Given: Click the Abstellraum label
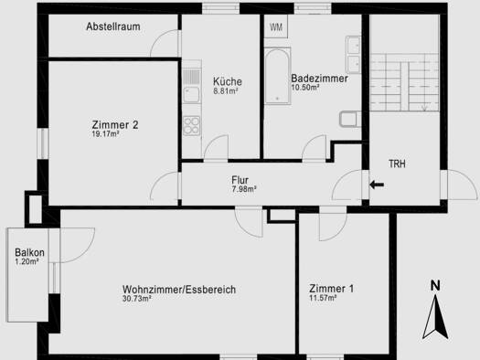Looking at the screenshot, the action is pos(113,26).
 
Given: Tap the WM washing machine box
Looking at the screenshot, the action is pos(276,26).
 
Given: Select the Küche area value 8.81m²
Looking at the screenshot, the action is pos(226,91).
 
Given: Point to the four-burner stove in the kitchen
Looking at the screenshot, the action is pos(192,126).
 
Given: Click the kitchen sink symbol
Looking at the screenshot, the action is pos(192,94).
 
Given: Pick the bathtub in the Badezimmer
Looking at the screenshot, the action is pos(277,76).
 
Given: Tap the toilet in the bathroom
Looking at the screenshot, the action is pos(350,119).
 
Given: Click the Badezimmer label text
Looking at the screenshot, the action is pos(319,79).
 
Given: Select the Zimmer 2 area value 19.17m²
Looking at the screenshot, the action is pos(105,133).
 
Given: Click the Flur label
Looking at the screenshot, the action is pos(240,180).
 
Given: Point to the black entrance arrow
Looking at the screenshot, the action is pos(377,185).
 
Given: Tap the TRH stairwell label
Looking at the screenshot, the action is pos(397,164).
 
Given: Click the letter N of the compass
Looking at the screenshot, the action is pos(435,286).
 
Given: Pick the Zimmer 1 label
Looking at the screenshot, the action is pos(331,289).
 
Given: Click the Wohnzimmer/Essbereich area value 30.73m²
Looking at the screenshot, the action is pos(137,299).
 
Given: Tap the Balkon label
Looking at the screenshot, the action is pos(29,253).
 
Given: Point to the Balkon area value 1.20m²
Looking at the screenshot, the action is pos(27,261).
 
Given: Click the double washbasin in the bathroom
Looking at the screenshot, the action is pos(353,55).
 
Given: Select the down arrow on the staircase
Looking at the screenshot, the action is pos(424,108).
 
